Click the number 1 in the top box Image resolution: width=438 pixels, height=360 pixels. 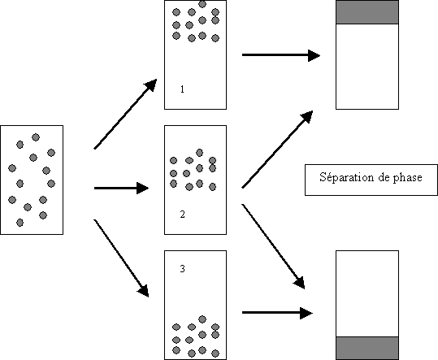click(x=182, y=89)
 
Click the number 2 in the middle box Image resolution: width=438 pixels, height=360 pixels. click(x=182, y=215)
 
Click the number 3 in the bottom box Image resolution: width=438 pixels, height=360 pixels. click(x=182, y=269)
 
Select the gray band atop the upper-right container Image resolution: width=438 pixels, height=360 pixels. click(x=367, y=12)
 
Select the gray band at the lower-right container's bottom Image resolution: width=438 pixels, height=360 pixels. click(x=367, y=348)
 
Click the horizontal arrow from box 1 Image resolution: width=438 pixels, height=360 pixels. click(x=281, y=55)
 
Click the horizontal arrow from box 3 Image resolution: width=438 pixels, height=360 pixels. click(x=277, y=313)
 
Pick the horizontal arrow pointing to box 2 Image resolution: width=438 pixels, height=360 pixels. click(x=122, y=188)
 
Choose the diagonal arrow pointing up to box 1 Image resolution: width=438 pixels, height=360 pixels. click(x=125, y=114)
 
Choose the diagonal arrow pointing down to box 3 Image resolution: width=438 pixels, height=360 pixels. click(x=121, y=258)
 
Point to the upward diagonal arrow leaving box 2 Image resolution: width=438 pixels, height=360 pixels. click(x=277, y=150)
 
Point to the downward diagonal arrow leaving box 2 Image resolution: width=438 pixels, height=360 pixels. click(x=273, y=246)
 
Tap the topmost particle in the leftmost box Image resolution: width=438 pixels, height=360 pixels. click(x=36, y=137)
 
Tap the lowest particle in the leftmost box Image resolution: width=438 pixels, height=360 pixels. click(x=20, y=223)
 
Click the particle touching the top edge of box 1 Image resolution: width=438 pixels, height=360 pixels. click(x=202, y=4)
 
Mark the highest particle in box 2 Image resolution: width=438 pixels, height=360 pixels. click(x=199, y=153)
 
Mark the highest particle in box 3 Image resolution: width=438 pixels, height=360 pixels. click(x=202, y=319)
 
